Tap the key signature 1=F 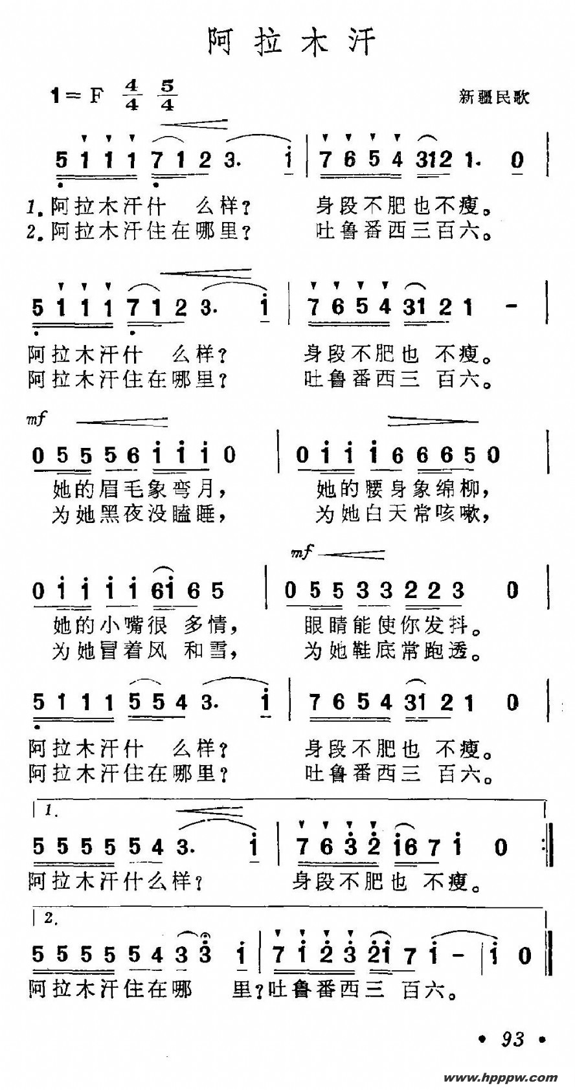[77, 96]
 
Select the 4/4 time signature [132, 95]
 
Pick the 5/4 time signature [167, 95]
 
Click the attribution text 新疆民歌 [494, 97]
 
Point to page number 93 [512, 1039]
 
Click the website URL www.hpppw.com [501, 1078]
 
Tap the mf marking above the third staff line [36, 419]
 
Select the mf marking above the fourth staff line [302, 552]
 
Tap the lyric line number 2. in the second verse [36, 231]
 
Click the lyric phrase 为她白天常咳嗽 [401, 514]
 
